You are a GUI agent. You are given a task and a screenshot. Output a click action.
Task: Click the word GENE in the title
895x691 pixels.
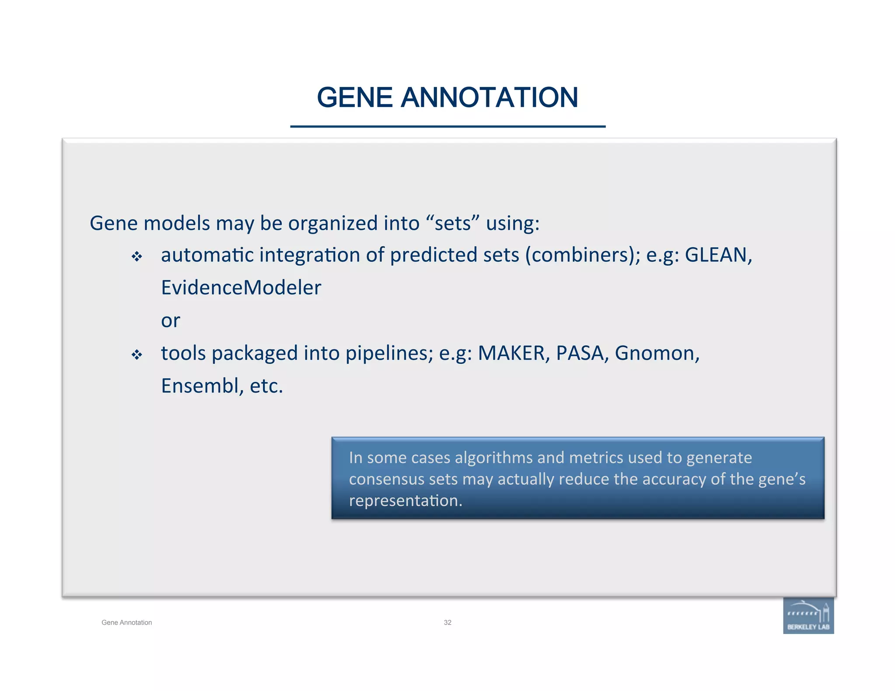coord(354,97)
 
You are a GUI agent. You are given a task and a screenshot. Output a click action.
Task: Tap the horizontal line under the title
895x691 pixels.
coord(447,127)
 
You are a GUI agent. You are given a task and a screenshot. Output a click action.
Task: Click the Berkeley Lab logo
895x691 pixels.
coord(808,616)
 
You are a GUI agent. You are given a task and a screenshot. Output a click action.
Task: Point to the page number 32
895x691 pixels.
coord(447,622)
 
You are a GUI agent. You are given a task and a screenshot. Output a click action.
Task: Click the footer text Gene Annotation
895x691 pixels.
coord(127,622)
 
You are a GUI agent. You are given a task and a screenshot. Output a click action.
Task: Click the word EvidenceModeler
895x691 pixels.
coord(241,288)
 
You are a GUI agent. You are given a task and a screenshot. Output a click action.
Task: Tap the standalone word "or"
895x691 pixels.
coord(170,321)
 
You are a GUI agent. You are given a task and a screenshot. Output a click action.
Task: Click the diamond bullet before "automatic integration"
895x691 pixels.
coord(137,256)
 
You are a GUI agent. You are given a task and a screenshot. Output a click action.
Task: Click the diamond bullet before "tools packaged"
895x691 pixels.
coord(137,355)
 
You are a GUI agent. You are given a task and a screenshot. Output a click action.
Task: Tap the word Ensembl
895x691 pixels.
coord(202,386)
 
